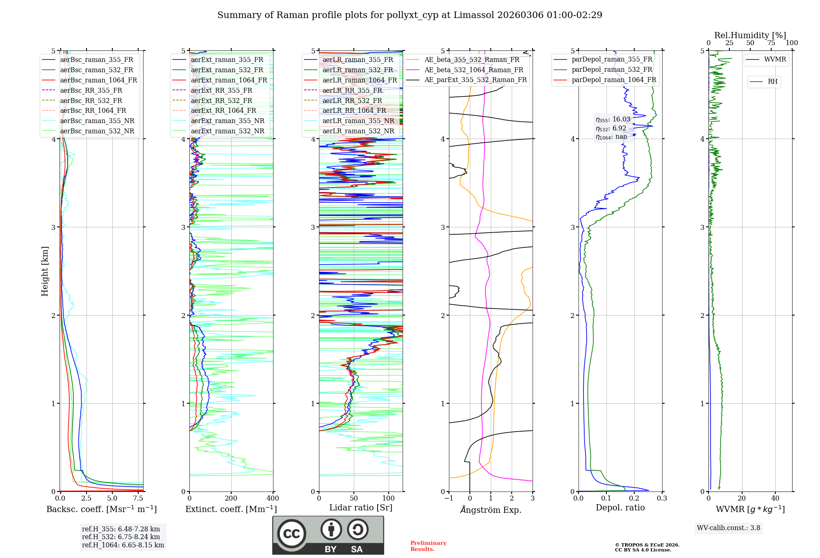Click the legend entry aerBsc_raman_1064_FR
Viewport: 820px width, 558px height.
(98, 80)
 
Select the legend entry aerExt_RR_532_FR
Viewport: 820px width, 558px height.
(221, 101)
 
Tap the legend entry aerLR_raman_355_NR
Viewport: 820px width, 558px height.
(358, 121)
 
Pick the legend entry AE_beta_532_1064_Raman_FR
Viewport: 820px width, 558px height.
(474, 70)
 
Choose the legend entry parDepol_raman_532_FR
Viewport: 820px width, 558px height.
(612, 70)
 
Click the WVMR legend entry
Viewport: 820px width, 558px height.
(775, 59)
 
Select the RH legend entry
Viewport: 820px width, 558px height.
(772, 82)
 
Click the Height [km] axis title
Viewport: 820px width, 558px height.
(45, 271)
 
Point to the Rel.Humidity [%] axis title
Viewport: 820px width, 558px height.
(750, 35)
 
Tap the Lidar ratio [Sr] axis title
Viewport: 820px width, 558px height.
(361, 508)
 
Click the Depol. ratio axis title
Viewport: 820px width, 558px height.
(620, 508)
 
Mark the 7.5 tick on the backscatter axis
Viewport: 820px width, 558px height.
(138, 499)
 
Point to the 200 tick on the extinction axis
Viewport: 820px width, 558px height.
(231, 499)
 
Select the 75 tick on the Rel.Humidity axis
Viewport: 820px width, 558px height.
(771, 43)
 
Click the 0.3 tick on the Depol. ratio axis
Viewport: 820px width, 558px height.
(662, 499)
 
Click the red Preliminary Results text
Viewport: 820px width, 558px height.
(428, 546)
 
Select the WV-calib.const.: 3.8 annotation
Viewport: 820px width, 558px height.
(729, 528)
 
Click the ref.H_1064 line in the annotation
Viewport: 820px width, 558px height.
(123, 545)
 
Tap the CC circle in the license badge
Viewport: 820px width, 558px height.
(292, 534)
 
